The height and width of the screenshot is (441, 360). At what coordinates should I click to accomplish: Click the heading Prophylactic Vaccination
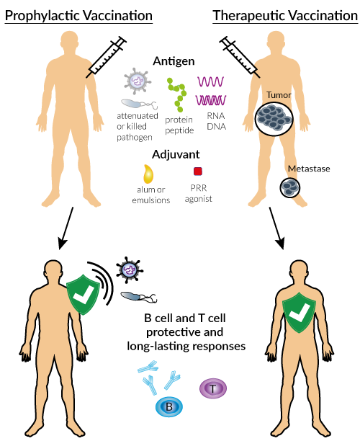pos(78,15)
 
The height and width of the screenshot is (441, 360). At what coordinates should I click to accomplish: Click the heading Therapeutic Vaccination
pos(285,15)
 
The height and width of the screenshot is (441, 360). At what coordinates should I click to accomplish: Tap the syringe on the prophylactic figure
pos(107,57)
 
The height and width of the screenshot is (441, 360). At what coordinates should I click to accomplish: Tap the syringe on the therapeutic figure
pos(240,57)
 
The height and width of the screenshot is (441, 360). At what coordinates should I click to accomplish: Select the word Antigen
pos(174,61)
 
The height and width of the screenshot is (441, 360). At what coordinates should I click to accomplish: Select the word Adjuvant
pos(176,154)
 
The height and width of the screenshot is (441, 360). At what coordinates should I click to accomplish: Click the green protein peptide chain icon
pos(177,95)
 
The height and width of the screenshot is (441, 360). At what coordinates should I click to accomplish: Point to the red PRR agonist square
pos(198,171)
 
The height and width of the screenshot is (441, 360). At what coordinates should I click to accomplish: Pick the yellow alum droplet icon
pos(148,174)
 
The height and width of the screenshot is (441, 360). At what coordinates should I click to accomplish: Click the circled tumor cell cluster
pos(274,118)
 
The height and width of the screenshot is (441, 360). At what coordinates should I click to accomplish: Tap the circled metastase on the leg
pos(289,187)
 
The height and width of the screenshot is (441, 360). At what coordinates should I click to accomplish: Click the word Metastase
pos(309,169)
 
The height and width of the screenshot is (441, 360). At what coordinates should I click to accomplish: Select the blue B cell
pos(169,406)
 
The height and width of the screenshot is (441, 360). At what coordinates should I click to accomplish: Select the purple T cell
pos(213,388)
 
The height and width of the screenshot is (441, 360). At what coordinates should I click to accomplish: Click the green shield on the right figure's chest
pos(299,312)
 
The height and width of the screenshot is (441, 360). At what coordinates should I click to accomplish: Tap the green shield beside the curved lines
pos(84,295)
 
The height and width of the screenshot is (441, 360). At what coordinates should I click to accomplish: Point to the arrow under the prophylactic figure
pos(66,228)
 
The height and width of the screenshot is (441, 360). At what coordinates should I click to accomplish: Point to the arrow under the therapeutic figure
pos(276,228)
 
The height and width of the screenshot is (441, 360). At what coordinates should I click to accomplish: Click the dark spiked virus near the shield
pos(130,270)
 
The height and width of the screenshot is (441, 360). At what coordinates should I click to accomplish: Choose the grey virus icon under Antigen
pos(138,81)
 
